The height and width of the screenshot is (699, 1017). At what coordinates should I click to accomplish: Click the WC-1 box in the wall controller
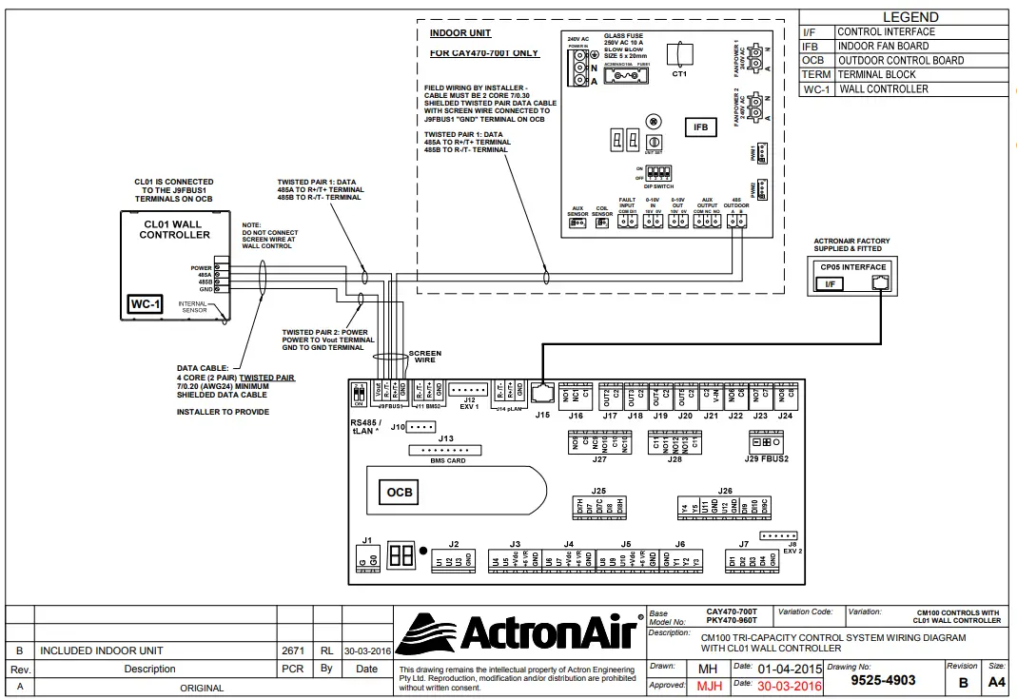click(x=146, y=305)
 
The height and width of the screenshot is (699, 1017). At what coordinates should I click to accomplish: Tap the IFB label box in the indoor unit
click(x=700, y=127)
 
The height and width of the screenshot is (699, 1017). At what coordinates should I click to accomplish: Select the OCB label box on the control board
click(x=400, y=492)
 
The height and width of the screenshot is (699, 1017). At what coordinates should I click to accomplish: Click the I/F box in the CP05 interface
click(x=830, y=283)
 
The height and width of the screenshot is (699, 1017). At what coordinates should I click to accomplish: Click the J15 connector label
click(x=543, y=415)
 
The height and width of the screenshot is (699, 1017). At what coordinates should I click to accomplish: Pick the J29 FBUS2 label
click(x=768, y=458)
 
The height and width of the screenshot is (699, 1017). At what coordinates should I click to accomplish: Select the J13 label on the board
click(x=445, y=437)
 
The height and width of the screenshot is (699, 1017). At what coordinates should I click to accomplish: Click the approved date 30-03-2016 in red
click(x=790, y=685)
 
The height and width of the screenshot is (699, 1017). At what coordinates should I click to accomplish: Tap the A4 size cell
click(x=995, y=682)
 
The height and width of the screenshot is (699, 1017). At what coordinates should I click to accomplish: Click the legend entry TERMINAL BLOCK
click(x=876, y=74)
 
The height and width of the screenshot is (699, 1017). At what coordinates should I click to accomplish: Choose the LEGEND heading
click(x=910, y=17)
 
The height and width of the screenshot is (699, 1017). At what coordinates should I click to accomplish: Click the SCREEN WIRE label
click(x=424, y=357)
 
